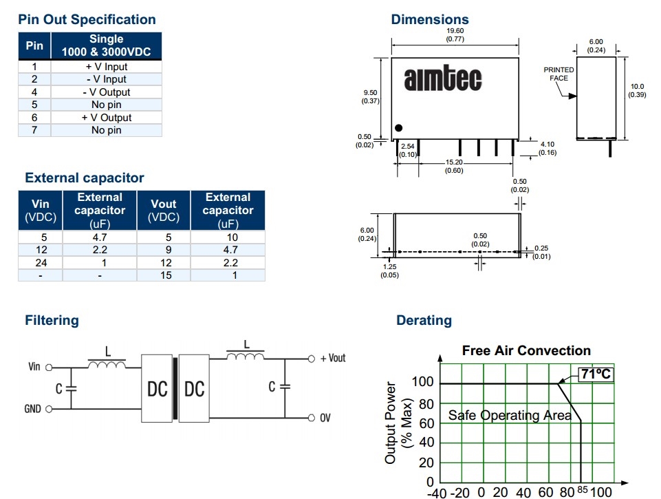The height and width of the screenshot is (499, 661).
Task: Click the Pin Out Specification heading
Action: point(87,20)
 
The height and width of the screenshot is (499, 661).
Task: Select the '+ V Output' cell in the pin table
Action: point(106,118)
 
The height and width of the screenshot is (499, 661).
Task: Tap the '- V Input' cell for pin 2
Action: point(106,79)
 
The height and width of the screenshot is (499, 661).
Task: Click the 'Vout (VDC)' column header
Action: point(163,210)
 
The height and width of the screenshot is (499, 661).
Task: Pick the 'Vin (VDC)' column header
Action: point(40,210)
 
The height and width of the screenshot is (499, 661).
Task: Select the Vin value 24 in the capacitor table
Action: point(40,262)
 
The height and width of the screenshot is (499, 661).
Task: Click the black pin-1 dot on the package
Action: point(398,128)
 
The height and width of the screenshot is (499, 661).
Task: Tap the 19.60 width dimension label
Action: point(455,35)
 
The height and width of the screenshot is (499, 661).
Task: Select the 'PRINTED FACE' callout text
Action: point(559,74)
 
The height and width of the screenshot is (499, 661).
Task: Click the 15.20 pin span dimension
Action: point(454,166)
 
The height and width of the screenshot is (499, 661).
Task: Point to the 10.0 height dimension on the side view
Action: point(637,90)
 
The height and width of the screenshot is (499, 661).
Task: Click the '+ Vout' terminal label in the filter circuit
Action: point(333,359)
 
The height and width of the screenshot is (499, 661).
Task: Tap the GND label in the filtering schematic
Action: point(32,409)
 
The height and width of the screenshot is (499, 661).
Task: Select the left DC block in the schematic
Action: point(158,389)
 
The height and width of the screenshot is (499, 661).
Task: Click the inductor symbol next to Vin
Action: point(107,363)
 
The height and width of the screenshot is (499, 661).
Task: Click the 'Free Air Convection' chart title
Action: point(526,351)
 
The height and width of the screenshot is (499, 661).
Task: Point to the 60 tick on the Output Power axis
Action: point(426,423)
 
